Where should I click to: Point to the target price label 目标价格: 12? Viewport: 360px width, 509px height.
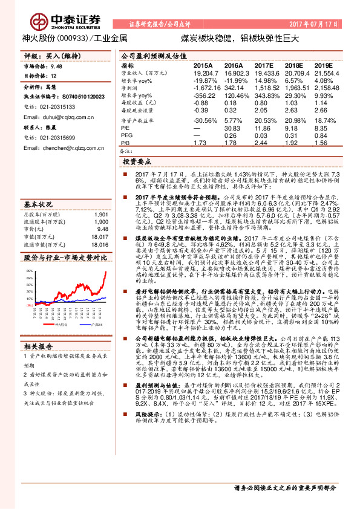40,76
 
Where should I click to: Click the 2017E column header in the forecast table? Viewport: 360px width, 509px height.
265,65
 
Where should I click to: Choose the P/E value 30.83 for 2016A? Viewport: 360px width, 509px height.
233,128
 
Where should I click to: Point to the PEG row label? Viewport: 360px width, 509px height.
127,135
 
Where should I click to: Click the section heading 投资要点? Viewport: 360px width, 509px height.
137,162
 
